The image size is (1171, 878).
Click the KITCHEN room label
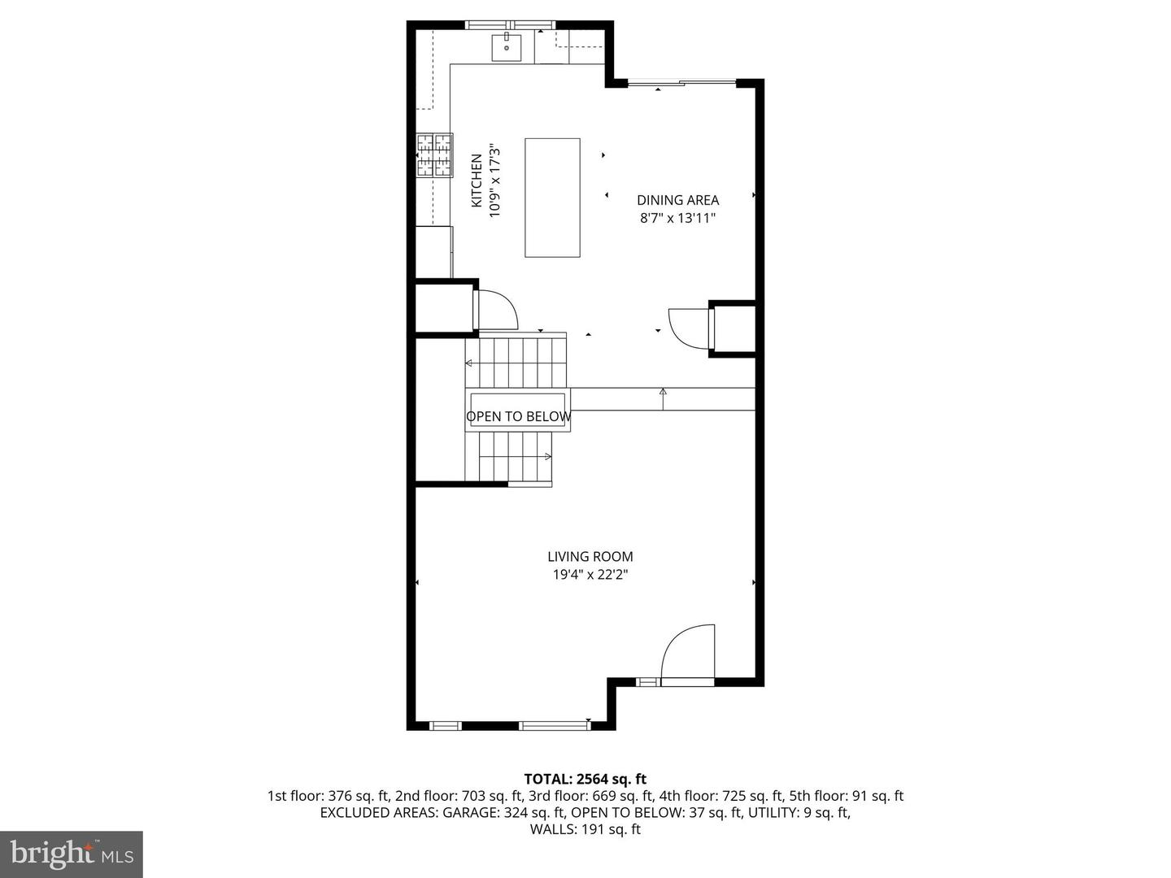click(477, 180)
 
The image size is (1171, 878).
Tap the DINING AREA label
click(677, 200)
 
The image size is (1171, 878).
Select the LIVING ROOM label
click(590, 557)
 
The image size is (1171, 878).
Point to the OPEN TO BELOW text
click(519, 416)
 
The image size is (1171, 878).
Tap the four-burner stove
click(434, 154)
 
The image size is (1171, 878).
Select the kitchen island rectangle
click(552, 198)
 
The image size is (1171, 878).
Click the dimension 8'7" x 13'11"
click(677, 218)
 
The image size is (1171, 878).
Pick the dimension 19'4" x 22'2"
click(590, 575)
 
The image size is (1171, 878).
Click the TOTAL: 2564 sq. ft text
click(585, 780)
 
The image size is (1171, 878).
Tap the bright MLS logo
click(72, 854)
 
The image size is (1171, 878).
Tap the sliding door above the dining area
click(681, 82)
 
